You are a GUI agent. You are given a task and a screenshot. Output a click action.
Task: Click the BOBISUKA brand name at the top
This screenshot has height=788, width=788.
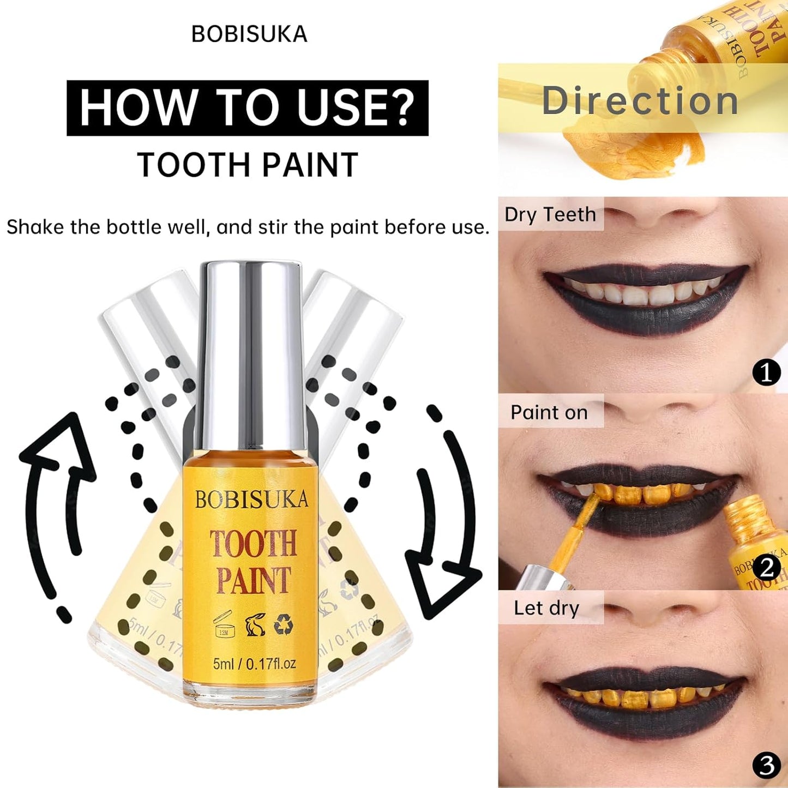click(x=249, y=34)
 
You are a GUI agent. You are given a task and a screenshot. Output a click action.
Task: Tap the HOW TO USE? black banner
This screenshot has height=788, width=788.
click(x=247, y=108)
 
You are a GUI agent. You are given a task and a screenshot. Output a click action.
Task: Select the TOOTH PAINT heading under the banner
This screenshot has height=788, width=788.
click(x=248, y=165)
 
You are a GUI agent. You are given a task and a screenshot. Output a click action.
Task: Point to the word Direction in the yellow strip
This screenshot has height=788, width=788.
click(x=640, y=101)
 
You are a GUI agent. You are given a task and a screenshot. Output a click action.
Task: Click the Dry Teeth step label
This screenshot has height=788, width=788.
click(x=550, y=214)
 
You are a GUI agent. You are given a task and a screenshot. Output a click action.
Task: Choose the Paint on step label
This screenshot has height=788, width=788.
click(x=549, y=412)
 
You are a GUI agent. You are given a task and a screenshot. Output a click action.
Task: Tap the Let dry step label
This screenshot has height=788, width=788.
click(x=546, y=608)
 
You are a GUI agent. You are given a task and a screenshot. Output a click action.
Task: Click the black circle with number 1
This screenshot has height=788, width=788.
click(x=766, y=373)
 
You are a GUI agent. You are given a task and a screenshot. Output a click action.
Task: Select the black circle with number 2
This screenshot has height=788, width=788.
click(x=766, y=568)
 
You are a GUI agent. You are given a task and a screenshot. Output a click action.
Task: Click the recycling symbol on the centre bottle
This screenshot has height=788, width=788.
click(x=284, y=625)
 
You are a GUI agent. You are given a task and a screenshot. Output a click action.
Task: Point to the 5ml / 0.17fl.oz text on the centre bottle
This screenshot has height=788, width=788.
click(x=254, y=664)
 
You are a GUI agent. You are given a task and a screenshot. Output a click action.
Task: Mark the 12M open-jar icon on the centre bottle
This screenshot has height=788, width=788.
click(x=224, y=625)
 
